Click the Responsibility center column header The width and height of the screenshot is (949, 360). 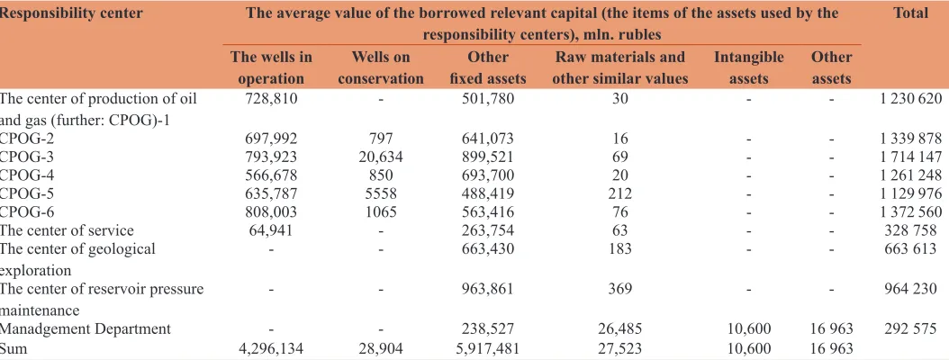[71, 13]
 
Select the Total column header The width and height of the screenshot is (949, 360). [910, 13]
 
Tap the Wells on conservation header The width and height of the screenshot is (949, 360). [380, 67]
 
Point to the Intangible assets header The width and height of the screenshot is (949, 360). [749, 67]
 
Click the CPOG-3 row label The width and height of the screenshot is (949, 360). [27, 157]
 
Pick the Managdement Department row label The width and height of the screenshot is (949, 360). [86, 329]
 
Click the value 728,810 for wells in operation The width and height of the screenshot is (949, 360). [270, 99]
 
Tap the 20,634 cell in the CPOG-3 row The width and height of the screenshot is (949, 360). [380, 157]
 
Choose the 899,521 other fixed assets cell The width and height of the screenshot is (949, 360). [488, 157]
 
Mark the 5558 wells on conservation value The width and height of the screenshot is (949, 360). [380, 194]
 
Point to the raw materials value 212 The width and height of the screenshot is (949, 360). [620, 194]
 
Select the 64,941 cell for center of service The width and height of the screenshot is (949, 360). [270, 230]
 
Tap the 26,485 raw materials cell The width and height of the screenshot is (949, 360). [620, 329]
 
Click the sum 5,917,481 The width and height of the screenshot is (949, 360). [488, 348]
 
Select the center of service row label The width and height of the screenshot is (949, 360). [67, 230]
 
